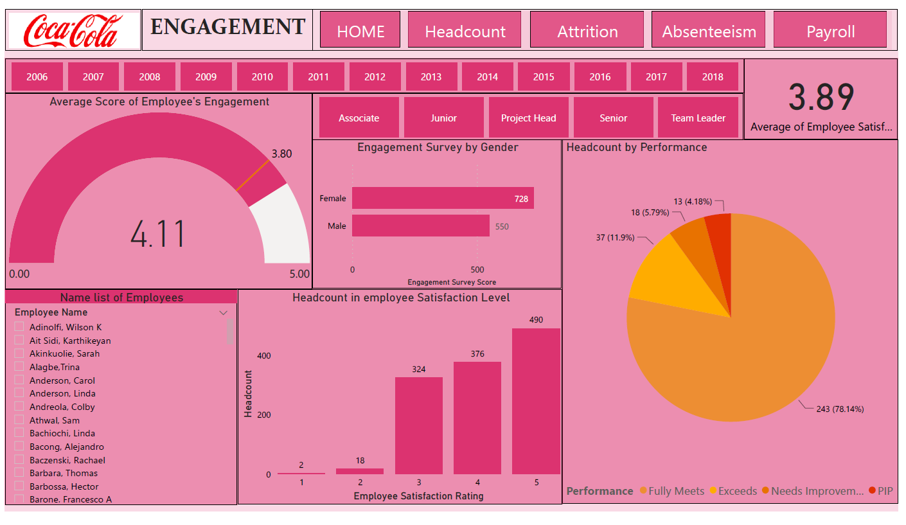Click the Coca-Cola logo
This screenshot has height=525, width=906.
[73, 31]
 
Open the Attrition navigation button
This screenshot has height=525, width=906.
[587, 31]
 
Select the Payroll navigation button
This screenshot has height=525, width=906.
[830, 31]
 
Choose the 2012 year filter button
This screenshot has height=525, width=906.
[375, 76]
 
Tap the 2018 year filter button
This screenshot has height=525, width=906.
[712, 76]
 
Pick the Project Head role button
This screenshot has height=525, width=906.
[528, 118]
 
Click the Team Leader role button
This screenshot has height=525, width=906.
[698, 118]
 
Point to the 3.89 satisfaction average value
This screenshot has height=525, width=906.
[821, 98]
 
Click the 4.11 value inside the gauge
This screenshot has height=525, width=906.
[158, 234]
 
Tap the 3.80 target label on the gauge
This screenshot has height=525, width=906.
[281, 154]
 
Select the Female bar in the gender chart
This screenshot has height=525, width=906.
[442, 198]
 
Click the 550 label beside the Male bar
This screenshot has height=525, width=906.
[502, 226]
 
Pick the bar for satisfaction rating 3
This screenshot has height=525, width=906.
[418, 425]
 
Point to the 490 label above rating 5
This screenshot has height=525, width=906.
[536, 320]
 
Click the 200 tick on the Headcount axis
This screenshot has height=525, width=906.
[263, 414]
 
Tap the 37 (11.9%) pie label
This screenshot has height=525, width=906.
[615, 237]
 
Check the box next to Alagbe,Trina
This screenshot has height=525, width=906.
[19, 367]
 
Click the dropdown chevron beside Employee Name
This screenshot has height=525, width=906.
[223, 313]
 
